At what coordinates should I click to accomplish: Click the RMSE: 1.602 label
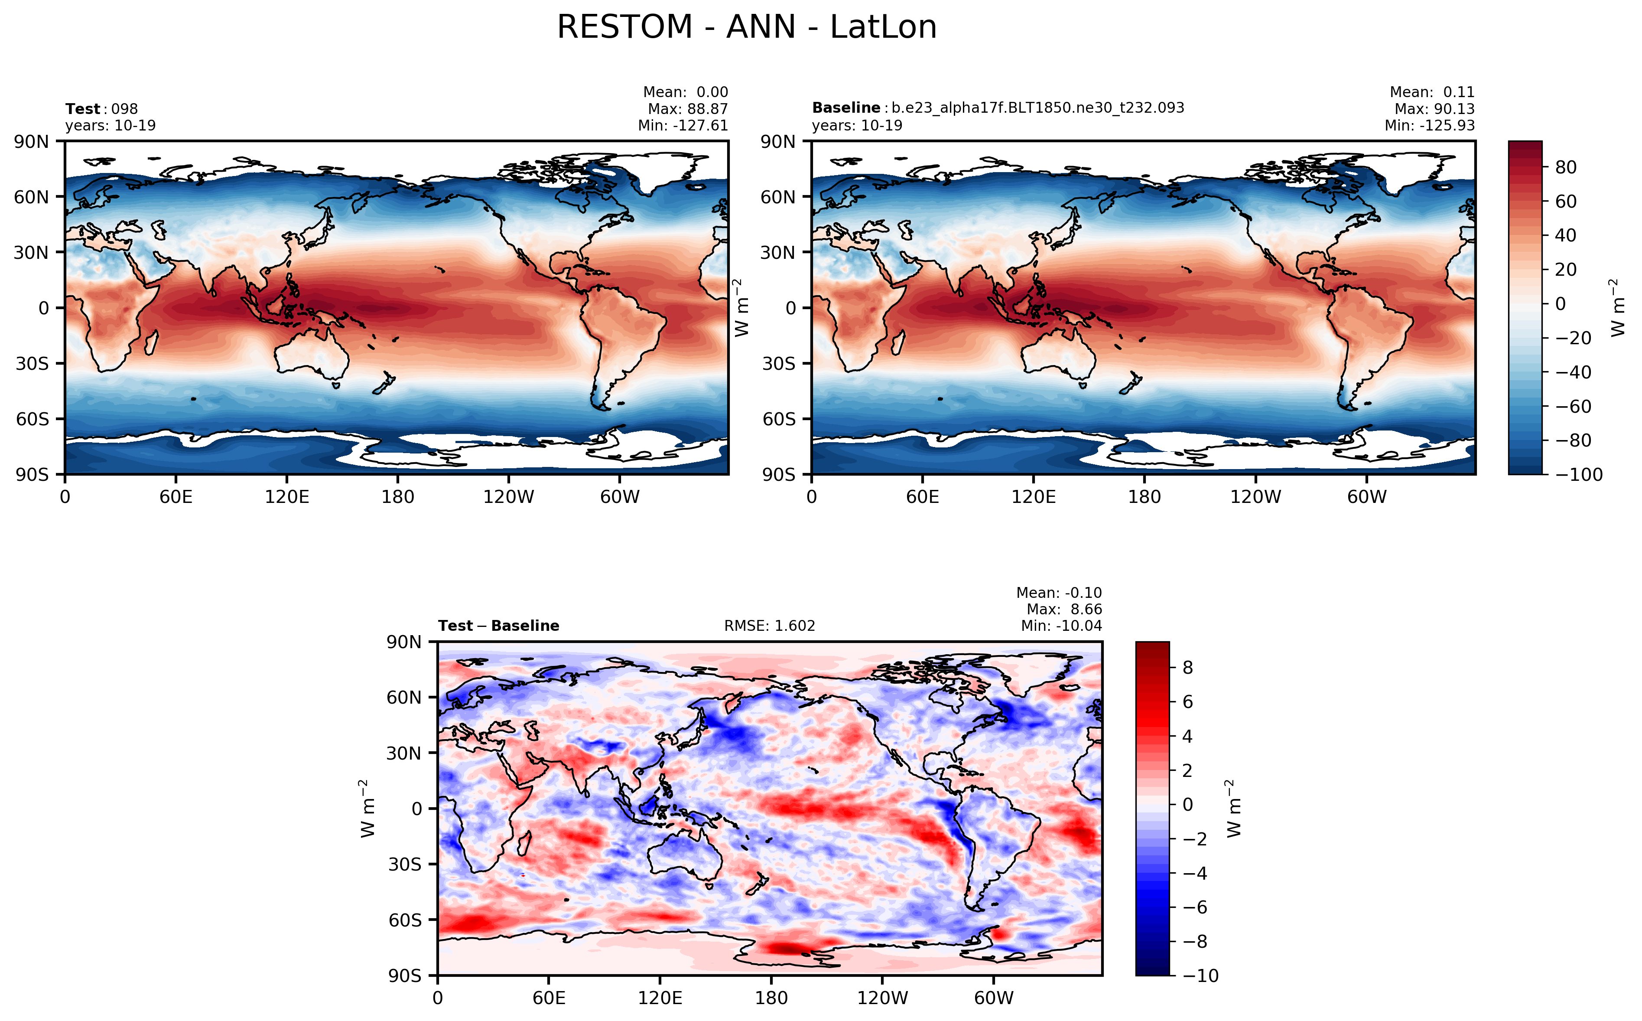click(769, 626)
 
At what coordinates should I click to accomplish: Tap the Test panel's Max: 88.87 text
click(687, 109)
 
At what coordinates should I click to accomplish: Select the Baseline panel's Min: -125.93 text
click(1429, 126)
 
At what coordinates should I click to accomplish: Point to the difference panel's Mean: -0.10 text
click(1058, 593)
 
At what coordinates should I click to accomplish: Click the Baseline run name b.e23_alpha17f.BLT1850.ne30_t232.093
click(1037, 108)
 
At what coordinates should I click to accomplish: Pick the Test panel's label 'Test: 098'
click(101, 109)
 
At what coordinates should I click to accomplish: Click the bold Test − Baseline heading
click(498, 626)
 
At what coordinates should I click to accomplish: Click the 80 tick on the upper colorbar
click(1566, 167)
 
